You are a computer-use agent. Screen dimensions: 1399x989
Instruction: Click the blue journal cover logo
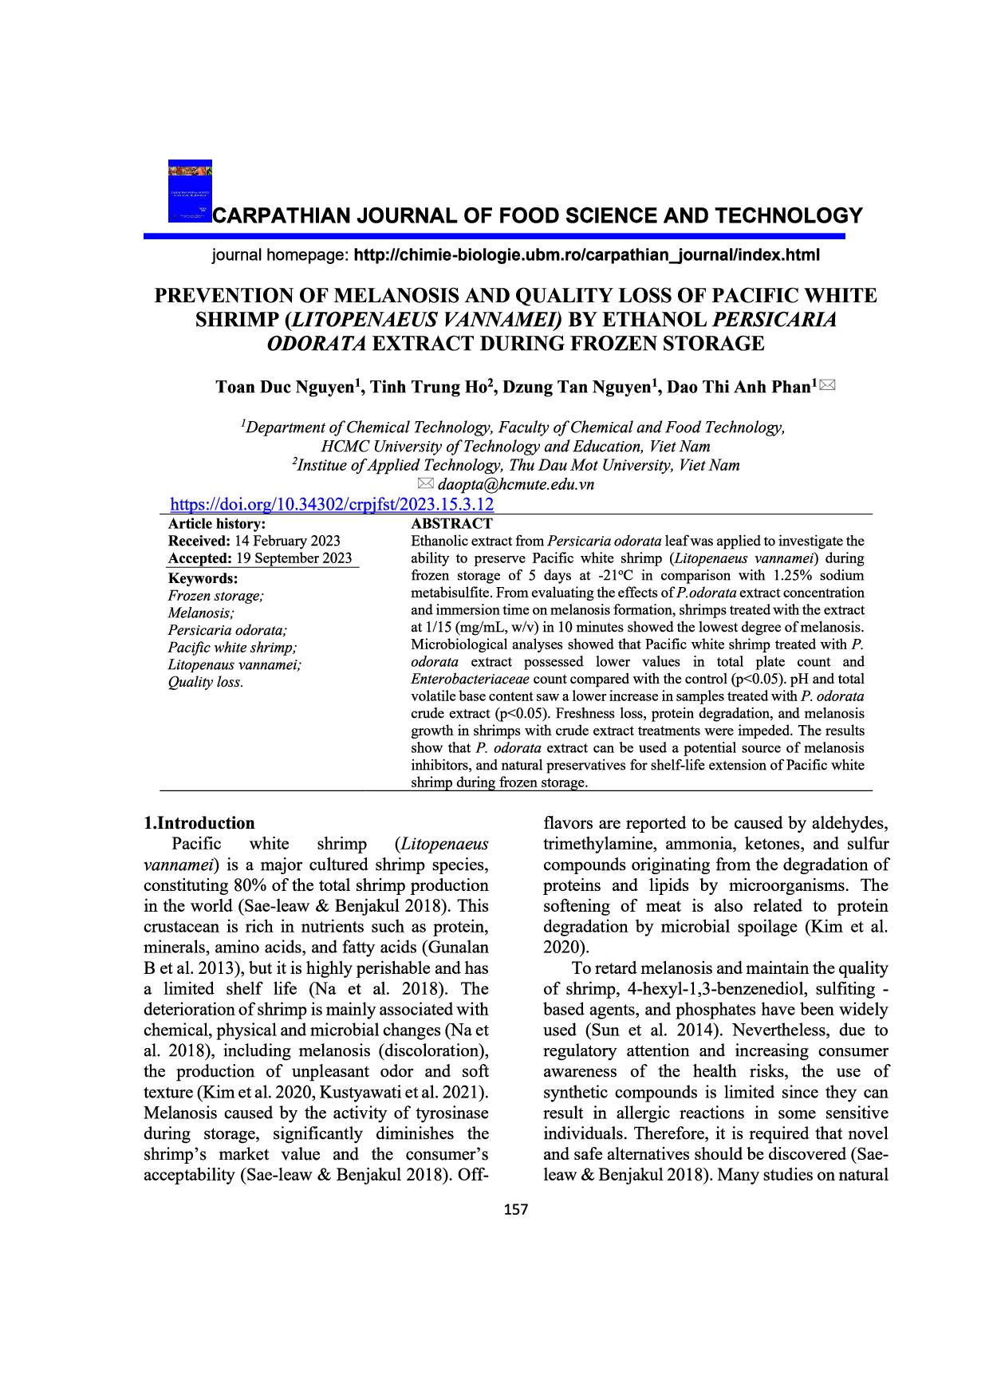coord(190,191)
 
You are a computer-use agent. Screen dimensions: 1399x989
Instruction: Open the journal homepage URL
coord(586,256)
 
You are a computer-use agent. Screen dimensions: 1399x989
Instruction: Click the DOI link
coord(333,504)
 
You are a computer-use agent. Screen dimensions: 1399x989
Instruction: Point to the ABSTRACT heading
coord(451,524)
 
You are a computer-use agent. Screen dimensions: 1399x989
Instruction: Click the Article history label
coord(217,524)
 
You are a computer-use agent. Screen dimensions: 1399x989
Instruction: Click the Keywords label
coord(203,578)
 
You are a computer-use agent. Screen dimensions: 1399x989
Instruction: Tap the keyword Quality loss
coord(206,682)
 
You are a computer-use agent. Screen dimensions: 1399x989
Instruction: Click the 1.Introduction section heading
coord(199,823)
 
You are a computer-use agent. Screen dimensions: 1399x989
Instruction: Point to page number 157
coord(517,1210)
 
